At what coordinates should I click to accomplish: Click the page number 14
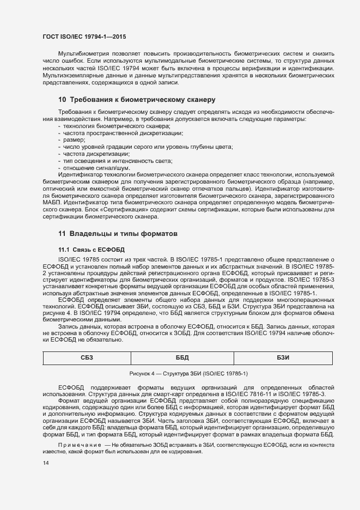[46, 463]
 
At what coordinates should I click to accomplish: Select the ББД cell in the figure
[182, 357]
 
